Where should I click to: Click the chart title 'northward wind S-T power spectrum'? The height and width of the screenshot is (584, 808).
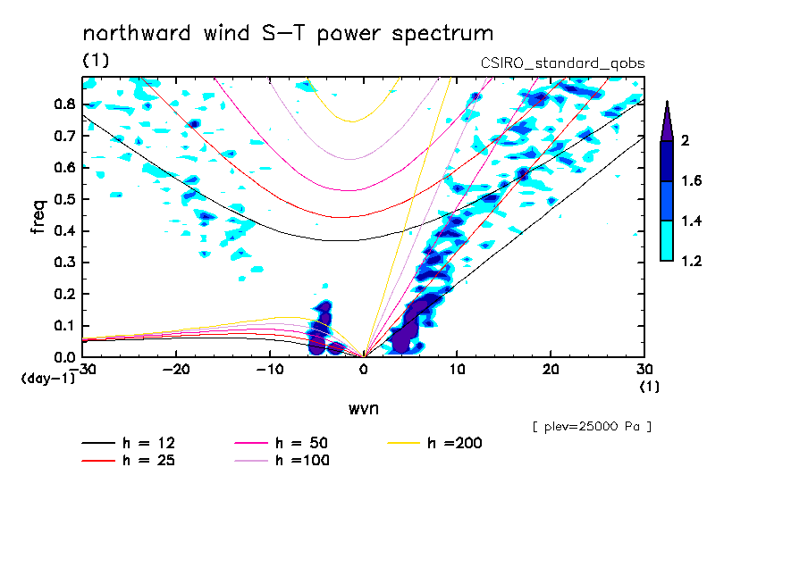(288, 34)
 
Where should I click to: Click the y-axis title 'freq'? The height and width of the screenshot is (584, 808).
(38, 216)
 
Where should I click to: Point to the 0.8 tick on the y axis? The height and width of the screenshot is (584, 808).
(63, 104)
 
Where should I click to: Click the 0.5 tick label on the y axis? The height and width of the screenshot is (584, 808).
(63, 199)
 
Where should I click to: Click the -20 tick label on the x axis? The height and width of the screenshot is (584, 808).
(176, 369)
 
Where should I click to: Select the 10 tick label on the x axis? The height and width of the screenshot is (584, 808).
(457, 369)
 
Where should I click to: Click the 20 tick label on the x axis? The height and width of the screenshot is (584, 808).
(551, 369)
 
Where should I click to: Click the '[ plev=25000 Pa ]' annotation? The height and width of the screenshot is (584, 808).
(592, 427)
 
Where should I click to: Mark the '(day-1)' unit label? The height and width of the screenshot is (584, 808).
(47, 379)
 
